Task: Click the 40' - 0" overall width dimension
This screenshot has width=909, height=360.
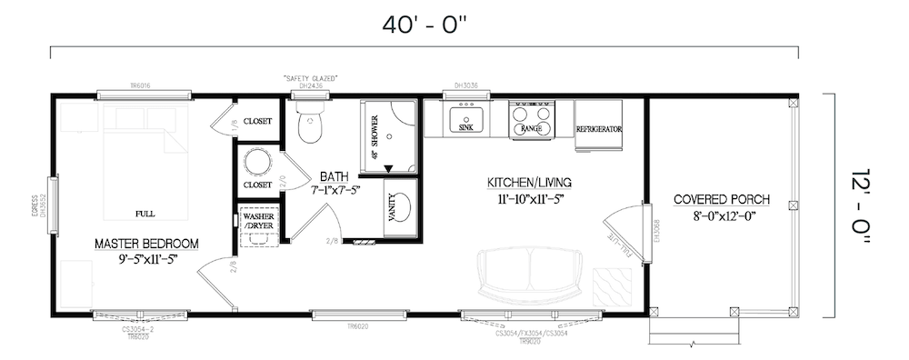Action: (x=425, y=25)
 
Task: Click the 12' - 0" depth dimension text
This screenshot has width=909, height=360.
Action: (x=859, y=205)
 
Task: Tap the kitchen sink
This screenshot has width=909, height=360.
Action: (x=466, y=119)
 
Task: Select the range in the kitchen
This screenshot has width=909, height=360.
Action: (x=533, y=119)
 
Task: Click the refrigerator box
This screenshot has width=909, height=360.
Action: (x=598, y=118)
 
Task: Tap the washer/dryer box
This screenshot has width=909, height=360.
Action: (x=257, y=222)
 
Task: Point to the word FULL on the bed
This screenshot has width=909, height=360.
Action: (x=144, y=214)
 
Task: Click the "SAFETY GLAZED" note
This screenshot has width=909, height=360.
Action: (x=311, y=79)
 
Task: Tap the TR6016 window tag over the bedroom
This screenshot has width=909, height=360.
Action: (x=140, y=85)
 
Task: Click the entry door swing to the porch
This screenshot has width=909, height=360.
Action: (x=620, y=235)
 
